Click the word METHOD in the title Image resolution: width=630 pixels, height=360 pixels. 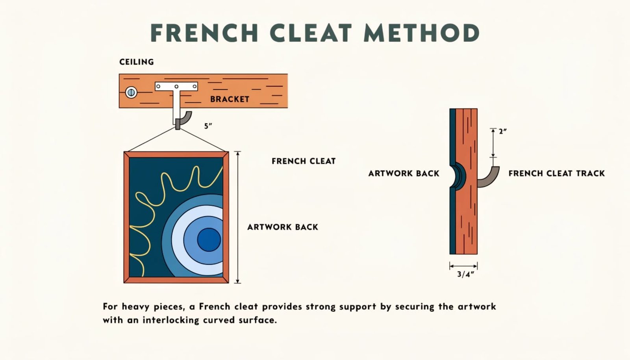pyautogui.click(x=422, y=33)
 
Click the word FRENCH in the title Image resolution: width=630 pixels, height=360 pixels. pyautogui.click(x=204, y=33)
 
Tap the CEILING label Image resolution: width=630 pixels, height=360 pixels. pyautogui.click(x=136, y=62)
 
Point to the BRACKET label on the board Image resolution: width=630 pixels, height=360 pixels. pyautogui.click(x=230, y=99)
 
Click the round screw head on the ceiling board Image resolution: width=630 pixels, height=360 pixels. pyautogui.click(x=131, y=92)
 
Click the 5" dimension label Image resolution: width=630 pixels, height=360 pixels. pyautogui.click(x=208, y=126)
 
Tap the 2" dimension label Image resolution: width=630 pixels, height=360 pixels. pyautogui.click(x=503, y=131)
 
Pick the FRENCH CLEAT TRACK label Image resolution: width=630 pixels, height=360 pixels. pyautogui.click(x=557, y=173)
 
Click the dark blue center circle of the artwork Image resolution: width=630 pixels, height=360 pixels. pyautogui.click(x=209, y=239)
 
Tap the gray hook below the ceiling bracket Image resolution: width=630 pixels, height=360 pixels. pyautogui.click(x=183, y=120)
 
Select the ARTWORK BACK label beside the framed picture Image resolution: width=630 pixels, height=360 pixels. pyautogui.click(x=283, y=227)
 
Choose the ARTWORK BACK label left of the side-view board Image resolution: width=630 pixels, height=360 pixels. pyautogui.click(x=404, y=173)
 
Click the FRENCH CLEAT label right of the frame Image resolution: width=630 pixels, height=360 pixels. pyautogui.click(x=304, y=161)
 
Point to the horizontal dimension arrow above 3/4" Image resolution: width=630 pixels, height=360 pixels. pyautogui.click(x=463, y=266)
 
